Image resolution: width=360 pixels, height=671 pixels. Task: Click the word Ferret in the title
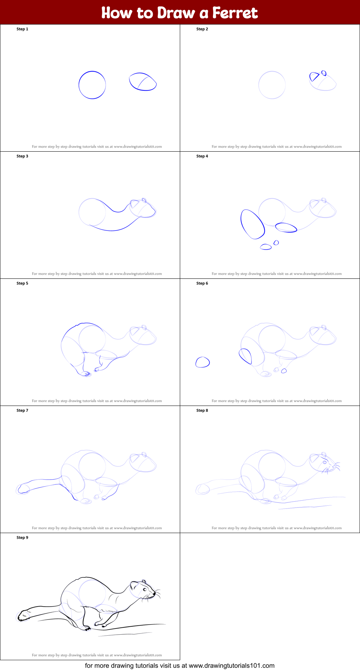tap(235, 13)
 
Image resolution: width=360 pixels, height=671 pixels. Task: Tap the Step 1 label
tap(22, 29)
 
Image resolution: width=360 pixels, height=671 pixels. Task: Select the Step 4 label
tap(202, 156)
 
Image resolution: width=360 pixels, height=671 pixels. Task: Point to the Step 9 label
tap(22, 538)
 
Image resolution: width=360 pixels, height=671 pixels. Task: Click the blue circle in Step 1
tap(92, 85)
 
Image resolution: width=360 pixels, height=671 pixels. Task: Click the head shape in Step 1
tap(143, 82)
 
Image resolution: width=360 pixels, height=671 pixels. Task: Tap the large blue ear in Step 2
tap(314, 77)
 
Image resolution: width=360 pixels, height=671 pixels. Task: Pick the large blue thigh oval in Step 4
tap(253, 224)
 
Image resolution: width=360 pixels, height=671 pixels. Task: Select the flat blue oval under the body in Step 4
tap(286, 227)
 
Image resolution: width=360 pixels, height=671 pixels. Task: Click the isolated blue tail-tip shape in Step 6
tap(203, 362)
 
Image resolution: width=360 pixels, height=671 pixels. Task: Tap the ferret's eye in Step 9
tap(145, 590)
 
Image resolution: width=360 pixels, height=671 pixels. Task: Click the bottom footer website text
tap(179, 666)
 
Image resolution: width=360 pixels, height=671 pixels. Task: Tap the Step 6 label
tap(202, 283)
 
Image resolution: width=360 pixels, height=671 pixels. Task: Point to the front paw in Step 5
tap(97, 369)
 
